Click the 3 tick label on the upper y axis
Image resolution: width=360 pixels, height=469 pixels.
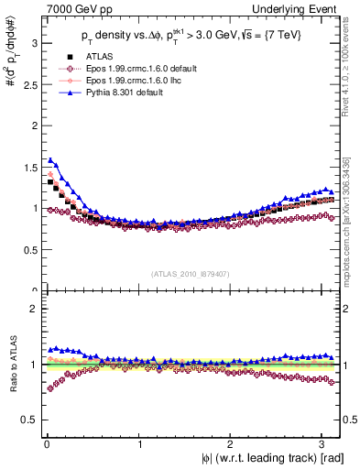point(29,42)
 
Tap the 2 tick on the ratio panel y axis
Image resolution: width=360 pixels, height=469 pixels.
point(29,309)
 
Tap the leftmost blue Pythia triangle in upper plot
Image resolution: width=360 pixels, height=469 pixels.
point(49,159)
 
